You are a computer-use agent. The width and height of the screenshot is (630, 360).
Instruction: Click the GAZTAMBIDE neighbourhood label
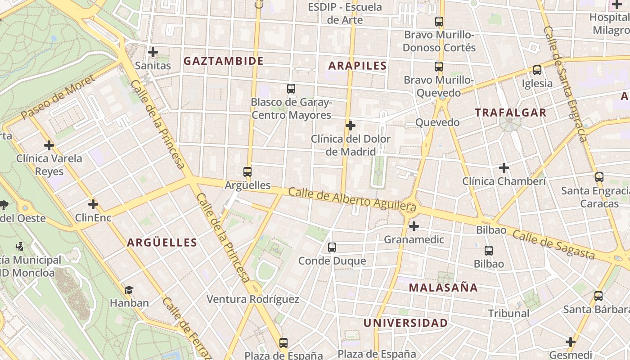tap(223, 61)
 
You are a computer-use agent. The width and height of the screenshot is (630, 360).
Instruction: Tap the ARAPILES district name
tap(358, 66)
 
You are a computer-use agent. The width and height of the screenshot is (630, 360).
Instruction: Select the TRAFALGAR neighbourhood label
tap(511, 112)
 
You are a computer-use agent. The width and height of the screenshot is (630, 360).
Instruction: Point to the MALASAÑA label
tap(443, 288)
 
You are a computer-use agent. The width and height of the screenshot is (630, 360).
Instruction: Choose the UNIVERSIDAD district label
tap(405, 323)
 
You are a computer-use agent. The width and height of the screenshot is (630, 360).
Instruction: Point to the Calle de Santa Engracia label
tap(565, 83)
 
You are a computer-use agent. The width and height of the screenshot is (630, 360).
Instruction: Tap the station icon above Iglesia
tap(537, 70)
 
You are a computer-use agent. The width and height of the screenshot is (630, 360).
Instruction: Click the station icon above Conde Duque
tap(332, 247)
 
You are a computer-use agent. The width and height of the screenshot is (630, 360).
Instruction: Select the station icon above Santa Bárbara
tap(598, 296)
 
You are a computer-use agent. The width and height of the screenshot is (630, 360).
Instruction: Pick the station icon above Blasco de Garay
tap(291, 89)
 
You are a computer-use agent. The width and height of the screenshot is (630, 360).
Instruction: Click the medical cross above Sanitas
tap(153, 52)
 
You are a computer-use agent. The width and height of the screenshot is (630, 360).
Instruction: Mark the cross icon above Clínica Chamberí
tap(504, 168)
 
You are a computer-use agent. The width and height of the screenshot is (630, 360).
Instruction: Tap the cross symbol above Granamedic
tap(414, 226)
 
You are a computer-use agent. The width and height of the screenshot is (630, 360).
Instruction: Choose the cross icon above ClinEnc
tap(93, 204)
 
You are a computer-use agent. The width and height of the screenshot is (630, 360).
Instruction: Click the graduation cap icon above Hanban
tap(129, 289)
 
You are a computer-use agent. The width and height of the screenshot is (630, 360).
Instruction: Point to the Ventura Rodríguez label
tap(253, 299)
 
